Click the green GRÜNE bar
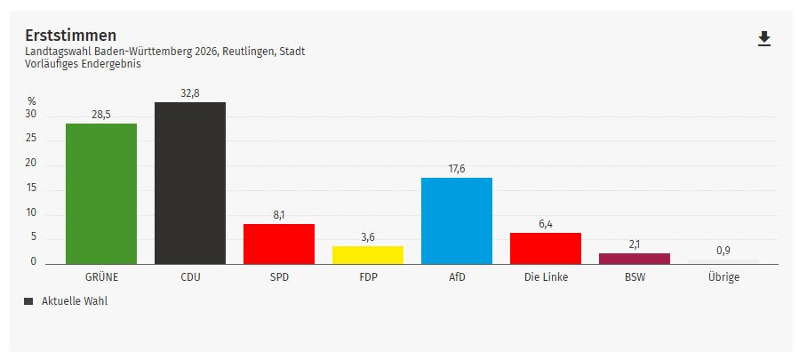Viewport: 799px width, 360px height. tap(100, 193)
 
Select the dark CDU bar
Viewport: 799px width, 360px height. tap(189, 182)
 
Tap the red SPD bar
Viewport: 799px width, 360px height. tap(278, 243)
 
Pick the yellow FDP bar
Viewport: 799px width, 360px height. tap(367, 254)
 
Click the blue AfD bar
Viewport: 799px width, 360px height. tap(456, 220)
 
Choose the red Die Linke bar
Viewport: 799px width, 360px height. tap(545, 247)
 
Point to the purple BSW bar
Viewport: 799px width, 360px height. tap(634, 258)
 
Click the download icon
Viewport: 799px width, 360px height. tap(763, 38)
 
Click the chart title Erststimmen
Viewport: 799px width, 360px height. tap(71, 35)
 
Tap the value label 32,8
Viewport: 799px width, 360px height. tap(189, 93)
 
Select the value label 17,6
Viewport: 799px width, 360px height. tap(456, 168)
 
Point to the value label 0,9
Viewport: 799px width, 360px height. tap(723, 250)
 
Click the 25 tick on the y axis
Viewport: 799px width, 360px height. tap(31, 139)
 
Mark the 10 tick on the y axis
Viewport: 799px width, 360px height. tap(31, 212)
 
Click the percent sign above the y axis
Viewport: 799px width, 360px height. tap(31, 101)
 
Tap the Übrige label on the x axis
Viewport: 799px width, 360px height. tap(723, 276)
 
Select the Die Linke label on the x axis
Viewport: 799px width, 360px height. tap(545, 276)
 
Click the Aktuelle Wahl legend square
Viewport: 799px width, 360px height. tap(28, 301)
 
